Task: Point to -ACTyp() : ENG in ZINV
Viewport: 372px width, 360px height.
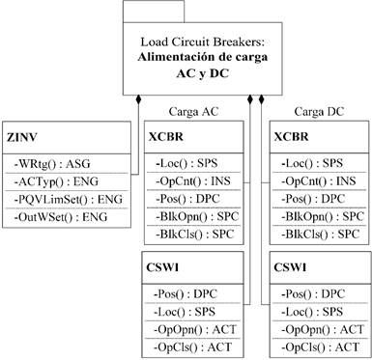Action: click(x=55, y=180)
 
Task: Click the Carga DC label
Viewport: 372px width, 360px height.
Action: click(x=320, y=110)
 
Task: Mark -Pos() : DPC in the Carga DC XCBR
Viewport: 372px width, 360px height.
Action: click(x=315, y=198)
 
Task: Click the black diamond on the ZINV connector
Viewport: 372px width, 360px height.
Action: click(x=140, y=99)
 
